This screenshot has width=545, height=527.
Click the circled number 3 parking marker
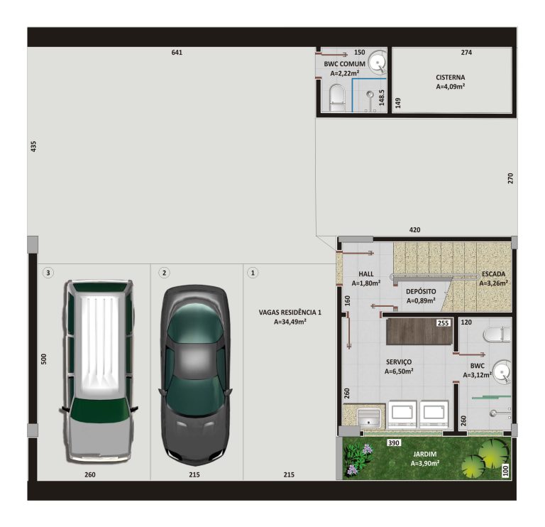click(x=48, y=272)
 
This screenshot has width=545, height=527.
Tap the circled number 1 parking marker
click(x=253, y=272)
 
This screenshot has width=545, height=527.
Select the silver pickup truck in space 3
click(x=98, y=369)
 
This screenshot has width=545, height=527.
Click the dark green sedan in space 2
click(x=194, y=373)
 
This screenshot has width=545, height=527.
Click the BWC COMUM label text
click(x=344, y=64)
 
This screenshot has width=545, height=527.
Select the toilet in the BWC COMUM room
click(x=336, y=97)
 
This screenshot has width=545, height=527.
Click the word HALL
click(x=366, y=273)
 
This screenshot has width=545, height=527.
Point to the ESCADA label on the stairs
click(x=493, y=273)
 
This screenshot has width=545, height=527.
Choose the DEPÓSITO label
click(x=420, y=292)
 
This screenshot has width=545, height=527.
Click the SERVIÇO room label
click(x=398, y=362)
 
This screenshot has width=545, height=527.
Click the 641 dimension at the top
click(x=177, y=53)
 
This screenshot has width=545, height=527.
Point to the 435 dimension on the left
click(x=33, y=146)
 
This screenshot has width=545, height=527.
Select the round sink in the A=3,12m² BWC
click(x=502, y=371)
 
